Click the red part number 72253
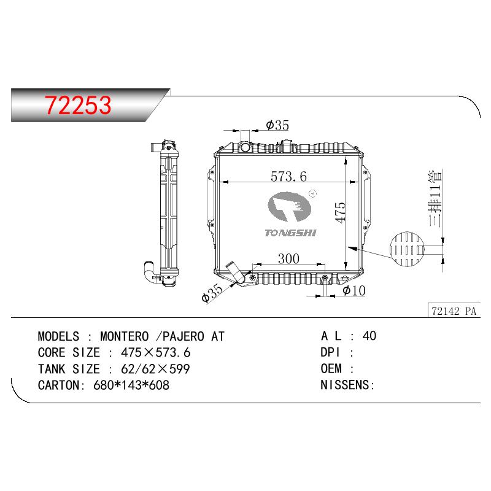78,105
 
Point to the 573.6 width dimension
288,177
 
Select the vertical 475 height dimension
341,213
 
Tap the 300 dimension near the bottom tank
288,258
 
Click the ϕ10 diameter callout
354,290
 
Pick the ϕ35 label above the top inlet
277,125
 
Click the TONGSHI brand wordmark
290,233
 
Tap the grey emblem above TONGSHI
290,207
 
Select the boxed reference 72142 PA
454,311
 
